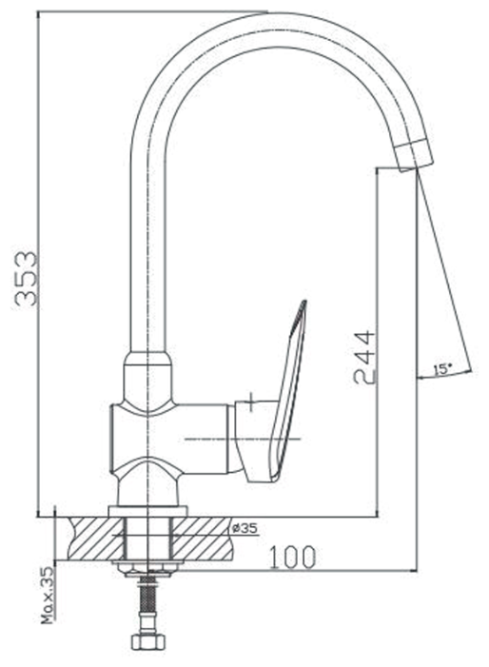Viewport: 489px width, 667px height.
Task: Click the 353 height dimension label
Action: (x=27, y=279)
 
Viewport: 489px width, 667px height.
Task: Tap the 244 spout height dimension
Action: (x=364, y=358)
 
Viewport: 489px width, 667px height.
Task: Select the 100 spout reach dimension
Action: (x=293, y=557)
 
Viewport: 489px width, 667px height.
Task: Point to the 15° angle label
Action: (x=443, y=369)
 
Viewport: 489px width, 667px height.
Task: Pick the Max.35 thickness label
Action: (x=49, y=595)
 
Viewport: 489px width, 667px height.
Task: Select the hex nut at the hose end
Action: (x=147, y=641)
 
